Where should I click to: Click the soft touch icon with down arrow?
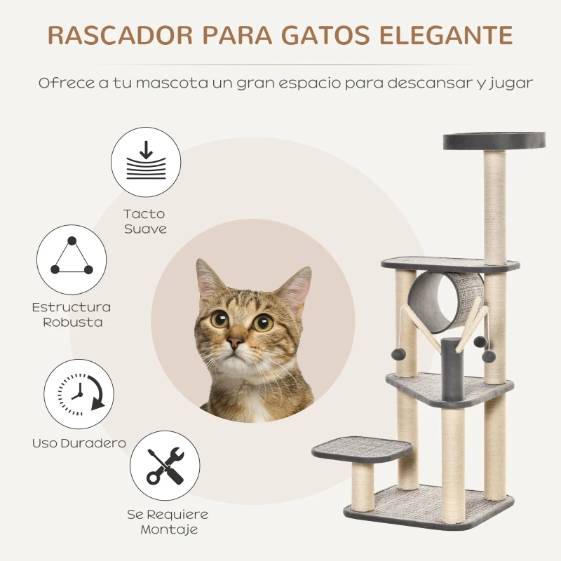146,162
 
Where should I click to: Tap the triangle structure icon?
72,259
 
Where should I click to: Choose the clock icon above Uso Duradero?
79,393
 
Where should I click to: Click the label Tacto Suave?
144,222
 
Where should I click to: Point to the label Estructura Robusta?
72,315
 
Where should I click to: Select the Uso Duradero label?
79,443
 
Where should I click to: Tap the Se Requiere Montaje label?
168,522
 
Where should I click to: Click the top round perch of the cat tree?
494,140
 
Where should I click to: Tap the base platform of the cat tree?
428,506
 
